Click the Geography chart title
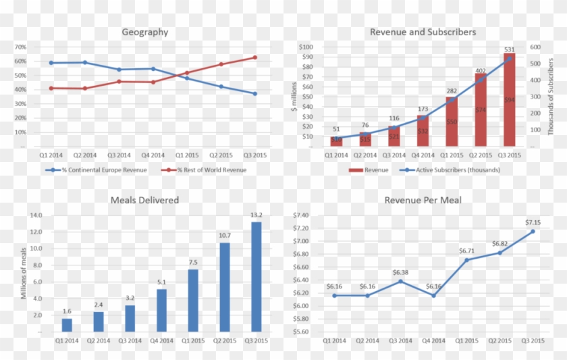[x=145, y=32]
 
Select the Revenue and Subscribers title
[x=423, y=32]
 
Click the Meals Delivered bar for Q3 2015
[x=256, y=277]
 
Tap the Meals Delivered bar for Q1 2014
[x=66, y=325]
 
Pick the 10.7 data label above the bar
[x=225, y=235]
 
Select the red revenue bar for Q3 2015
[x=509, y=100]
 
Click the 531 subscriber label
[x=509, y=49]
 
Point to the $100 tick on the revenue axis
[x=305, y=47]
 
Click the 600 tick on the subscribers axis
[x=535, y=47]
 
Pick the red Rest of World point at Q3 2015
[x=254, y=57]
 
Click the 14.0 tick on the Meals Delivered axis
[x=35, y=215]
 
